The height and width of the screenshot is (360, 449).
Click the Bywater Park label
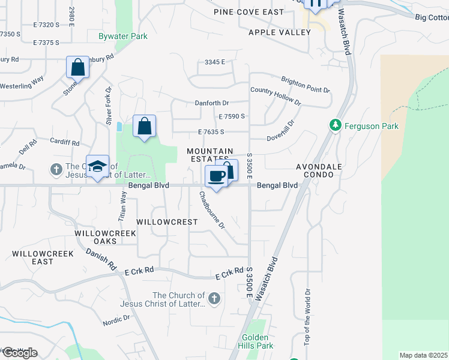pyautogui.click(x=123, y=37)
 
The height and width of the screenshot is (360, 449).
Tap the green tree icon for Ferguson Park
pyautogui.click(x=336, y=125)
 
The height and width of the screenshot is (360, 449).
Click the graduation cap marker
pyautogui.click(x=97, y=166)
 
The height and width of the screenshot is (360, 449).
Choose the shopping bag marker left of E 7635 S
pyautogui.click(x=144, y=126)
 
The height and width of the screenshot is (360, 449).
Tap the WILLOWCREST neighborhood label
pyautogui.click(x=166, y=222)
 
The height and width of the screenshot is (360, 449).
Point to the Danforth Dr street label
pyautogui.click(x=212, y=103)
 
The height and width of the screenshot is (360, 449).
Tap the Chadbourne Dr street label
pyautogui.click(x=212, y=211)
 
